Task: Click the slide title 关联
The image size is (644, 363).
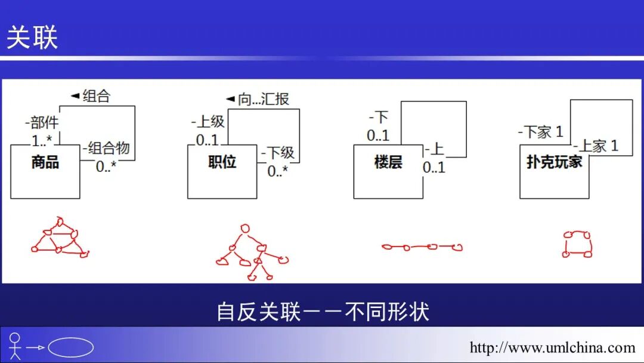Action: coord(32,37)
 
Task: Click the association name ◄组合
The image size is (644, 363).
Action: coord(91,96)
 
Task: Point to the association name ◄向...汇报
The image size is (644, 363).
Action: coord(258,99)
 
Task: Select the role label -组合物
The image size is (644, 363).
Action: coord(106,148)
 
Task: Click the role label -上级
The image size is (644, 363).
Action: coord(208,122)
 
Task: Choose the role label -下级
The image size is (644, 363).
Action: coord(278,153)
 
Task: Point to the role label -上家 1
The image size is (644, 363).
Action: coord(596,145)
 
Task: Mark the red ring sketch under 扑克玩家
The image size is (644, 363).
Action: coord(577,244)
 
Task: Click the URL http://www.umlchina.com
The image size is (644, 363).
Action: coord(552,347)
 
